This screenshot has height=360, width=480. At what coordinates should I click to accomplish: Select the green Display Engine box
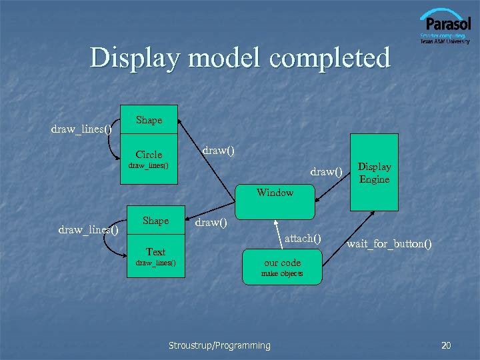pos(375,172)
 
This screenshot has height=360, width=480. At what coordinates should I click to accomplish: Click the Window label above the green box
pos(275,193)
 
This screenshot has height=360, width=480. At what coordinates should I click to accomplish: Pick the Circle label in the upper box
pos(149,154)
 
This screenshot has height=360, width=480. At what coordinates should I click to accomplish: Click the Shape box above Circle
pos(149,120)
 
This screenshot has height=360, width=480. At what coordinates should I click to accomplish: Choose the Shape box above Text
pos(155,221)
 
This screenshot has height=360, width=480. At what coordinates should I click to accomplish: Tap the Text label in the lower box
pos(155,251)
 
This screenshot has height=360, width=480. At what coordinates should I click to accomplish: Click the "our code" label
pos(282,262)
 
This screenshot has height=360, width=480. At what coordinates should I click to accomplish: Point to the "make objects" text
pos(282,273)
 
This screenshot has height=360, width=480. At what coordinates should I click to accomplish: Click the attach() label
pos(303,238)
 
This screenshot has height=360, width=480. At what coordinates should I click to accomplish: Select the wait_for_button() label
pos(389,244)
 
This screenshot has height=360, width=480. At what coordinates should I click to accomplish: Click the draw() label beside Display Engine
pos(326,172)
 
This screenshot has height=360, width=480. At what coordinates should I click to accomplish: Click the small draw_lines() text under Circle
pos(149,165)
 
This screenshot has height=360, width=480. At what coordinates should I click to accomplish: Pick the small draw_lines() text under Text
pos(155,262)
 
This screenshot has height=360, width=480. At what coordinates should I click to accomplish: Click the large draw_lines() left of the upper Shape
pos(81,129)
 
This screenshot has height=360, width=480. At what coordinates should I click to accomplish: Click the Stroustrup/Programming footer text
pos(219,345)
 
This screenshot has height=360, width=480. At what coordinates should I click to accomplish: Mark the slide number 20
pos(446,345)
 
